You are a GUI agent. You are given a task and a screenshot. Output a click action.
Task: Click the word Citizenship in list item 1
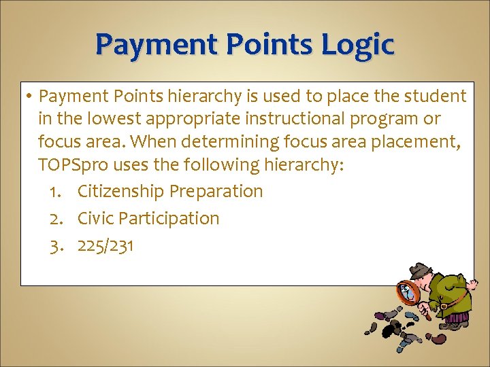pos(121,192)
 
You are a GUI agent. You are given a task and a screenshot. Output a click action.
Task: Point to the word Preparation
pos(216,192)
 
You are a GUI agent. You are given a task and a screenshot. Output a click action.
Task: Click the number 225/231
pos(105,245)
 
